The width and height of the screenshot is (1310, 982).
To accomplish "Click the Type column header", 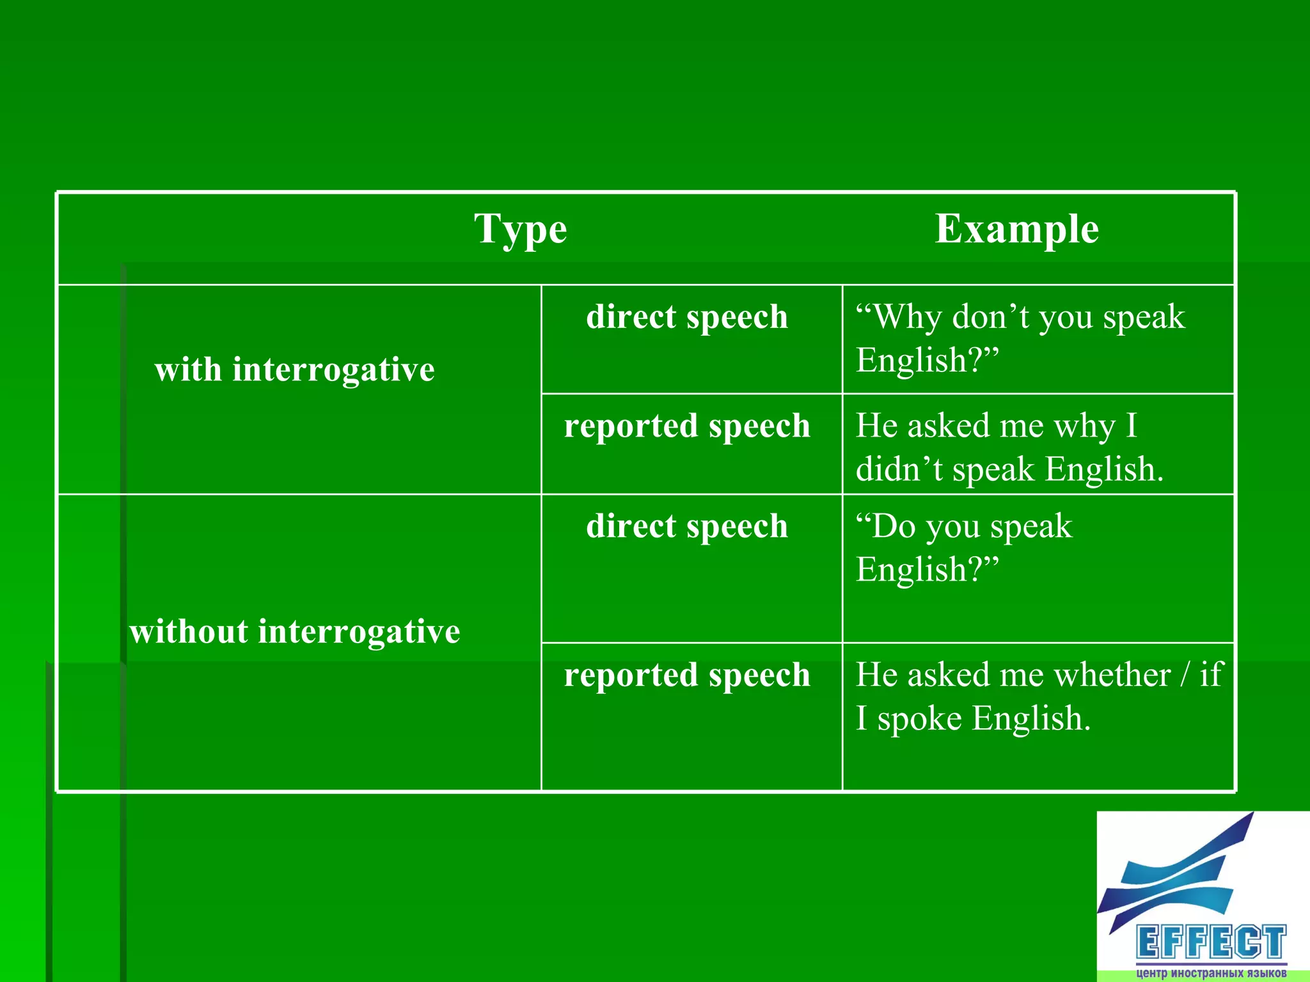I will coord(520,230).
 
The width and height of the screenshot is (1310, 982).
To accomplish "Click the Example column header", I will coord(1016,228).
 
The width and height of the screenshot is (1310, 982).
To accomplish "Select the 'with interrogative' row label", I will coord(294,370).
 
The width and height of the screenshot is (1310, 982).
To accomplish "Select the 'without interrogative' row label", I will coord(294,632).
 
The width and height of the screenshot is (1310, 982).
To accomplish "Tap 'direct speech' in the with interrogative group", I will coord(687,317).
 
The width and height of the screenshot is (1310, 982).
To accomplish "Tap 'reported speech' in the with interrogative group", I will coord(687,426).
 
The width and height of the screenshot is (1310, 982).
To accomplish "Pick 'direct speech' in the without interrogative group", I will coord(687,526).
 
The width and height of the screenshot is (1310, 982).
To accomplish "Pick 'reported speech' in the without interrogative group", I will coord(687,675).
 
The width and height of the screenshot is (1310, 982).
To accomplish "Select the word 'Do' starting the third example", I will coord(892,527).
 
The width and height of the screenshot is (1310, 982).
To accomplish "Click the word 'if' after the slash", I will coord(1211,674).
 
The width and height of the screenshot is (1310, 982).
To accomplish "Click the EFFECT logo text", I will coord(1211,942).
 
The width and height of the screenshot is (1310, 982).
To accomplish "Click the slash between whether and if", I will coord(1186,675).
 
